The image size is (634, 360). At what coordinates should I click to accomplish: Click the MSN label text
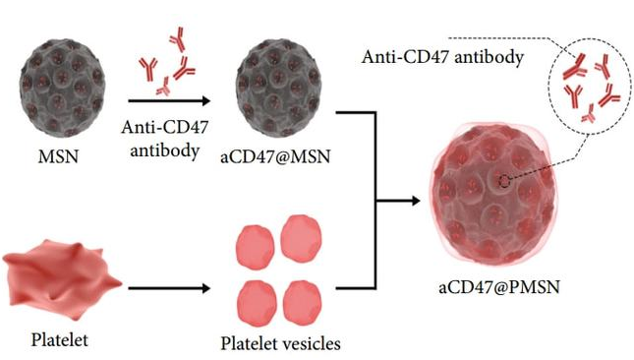click(x=58, y=156)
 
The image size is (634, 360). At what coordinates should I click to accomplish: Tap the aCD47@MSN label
click(x=275, y=156)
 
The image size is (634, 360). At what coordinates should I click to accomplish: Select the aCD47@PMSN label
click(x=499, y=287)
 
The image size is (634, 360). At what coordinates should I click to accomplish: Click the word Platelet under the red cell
click(x=59, y=339)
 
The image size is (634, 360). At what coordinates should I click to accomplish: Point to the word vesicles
click(x=311, y=343)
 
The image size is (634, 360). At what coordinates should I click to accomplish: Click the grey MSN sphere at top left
click(x=62, y=89)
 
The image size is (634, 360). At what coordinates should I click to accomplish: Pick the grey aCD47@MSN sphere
click(x=279, y=89)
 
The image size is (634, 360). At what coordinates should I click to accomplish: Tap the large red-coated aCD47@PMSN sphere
click(x=492, y=194)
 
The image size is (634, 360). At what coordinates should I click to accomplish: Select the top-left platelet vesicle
click(x=256, y=247)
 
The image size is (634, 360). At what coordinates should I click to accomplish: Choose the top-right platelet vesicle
click(x=302, y=238)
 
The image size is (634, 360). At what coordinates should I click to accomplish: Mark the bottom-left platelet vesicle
click(x=257, y=303)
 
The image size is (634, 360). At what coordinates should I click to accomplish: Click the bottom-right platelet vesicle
click(x=303, y=303)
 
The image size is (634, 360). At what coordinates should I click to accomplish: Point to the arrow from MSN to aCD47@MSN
click(x=169, y=100)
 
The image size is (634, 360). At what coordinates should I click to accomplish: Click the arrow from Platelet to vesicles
click(x=169, y=288)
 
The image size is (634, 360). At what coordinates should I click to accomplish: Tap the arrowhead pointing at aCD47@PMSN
click(x=416, y=201)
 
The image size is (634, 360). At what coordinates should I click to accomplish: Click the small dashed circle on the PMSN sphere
click(x=504, y=182)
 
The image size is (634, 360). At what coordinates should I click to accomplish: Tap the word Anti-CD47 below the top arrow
click(x=164, y=128)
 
